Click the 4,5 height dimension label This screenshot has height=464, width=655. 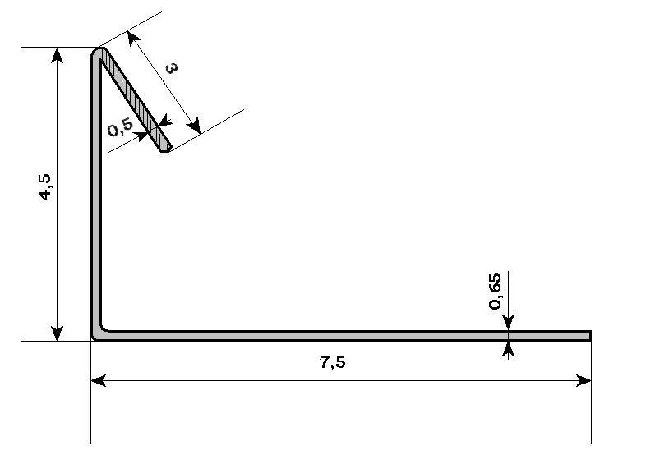(x=45, y=186)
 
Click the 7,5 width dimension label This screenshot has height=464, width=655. (x=333, y=363)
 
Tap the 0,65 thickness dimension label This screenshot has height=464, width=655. (x=495, y=291)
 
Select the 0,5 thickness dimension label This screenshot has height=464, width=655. (x=120, y=127)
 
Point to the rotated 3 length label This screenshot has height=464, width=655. (x=171, y=67)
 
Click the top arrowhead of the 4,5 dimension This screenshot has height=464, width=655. (x=57, y=55)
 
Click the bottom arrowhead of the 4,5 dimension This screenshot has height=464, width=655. (x=57, y=333)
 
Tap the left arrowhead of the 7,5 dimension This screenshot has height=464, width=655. (x=99, y=380)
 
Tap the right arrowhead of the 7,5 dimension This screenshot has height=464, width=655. (x=584, y=380)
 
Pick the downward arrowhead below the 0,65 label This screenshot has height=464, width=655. (x=508, y=323)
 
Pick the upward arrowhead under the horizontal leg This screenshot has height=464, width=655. (x=508, y=349)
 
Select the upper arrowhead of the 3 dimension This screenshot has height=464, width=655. (x=134, y=39)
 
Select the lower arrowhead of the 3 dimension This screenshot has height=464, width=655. (x=194, y=126)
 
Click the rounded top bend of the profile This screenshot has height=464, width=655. (x=99, y=52)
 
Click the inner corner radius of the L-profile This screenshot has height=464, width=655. (x=104, y=328)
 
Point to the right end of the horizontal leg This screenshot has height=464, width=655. (x=590, y=336)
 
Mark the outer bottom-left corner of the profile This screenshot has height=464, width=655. (x=92, y=340)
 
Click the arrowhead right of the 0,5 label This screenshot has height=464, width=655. (x=141, y=136)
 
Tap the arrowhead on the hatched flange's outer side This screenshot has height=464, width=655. (x=166, y=122)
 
